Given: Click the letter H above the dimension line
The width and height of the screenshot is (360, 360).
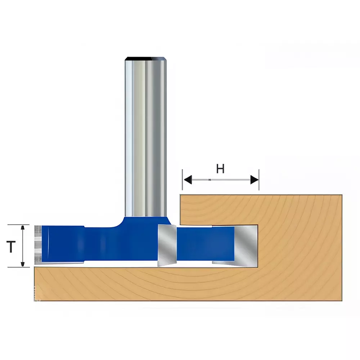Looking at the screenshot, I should [220, 168].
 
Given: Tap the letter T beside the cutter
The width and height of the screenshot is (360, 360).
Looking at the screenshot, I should [12, 247].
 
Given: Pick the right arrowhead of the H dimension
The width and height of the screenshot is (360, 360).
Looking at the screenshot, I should [255, 179].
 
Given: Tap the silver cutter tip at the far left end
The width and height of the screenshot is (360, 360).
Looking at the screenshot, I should [37, 244].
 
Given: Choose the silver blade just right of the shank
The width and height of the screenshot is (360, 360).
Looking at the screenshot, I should [166, 245].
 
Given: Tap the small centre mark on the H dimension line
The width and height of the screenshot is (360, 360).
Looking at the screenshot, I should [209, 180].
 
